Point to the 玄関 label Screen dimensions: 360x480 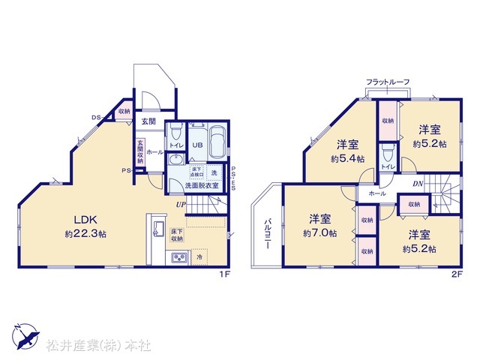[x=148, y=121]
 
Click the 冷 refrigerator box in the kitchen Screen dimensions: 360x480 [x=199, y=257]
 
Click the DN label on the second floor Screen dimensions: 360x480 [x=417, y=183]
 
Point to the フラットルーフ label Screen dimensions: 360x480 [x=388, y=80]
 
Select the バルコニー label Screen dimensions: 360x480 [x=268, y=234]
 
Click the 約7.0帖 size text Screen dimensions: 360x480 [x=320, y=233]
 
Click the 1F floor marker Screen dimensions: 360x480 [x=223, y=274]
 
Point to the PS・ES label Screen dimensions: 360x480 [x=233, y=178]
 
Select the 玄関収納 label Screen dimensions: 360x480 [x=139, y=151]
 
